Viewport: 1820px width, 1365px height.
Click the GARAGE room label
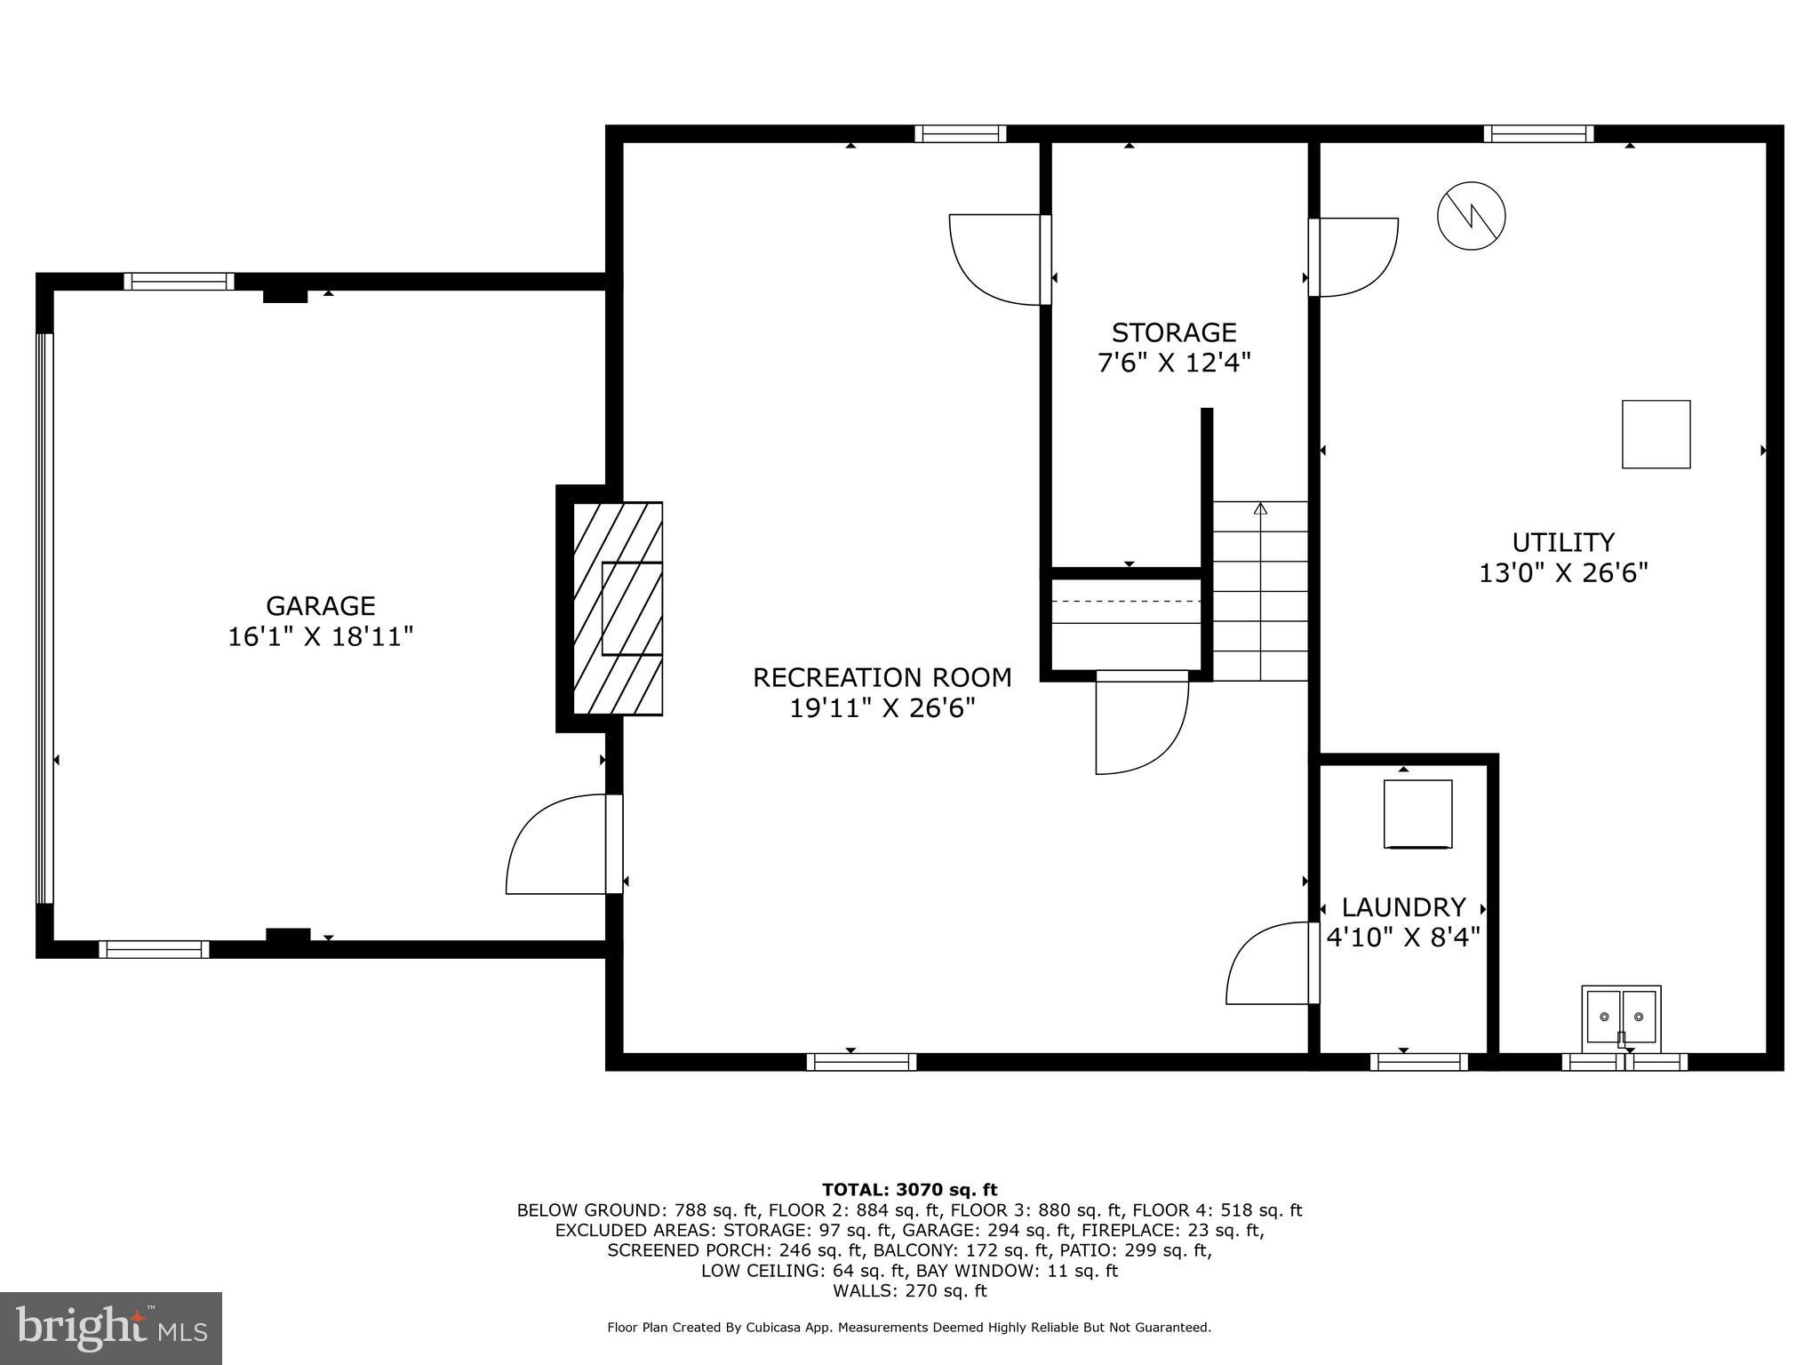321,606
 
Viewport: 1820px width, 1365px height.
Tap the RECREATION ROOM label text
882,678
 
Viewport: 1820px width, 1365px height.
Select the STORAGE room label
1174,332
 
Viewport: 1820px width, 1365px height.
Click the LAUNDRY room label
1403,907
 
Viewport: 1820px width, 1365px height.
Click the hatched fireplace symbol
618,609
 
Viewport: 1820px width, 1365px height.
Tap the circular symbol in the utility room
1472,216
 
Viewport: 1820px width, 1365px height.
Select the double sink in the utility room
1622,1016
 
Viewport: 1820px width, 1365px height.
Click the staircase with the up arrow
1260,591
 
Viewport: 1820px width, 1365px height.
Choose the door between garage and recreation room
564,844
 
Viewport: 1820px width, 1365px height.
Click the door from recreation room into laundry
1271,963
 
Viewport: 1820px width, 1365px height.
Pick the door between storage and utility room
1353,257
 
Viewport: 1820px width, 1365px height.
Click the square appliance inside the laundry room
1417,814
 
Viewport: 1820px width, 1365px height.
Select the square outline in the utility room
1656,435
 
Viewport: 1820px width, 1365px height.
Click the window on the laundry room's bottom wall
1418,1062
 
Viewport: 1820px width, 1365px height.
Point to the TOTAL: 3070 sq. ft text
909,1190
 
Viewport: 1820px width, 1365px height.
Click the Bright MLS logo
111,1328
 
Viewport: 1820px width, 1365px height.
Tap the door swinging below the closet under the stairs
1141,722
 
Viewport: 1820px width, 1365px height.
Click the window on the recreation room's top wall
961,134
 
